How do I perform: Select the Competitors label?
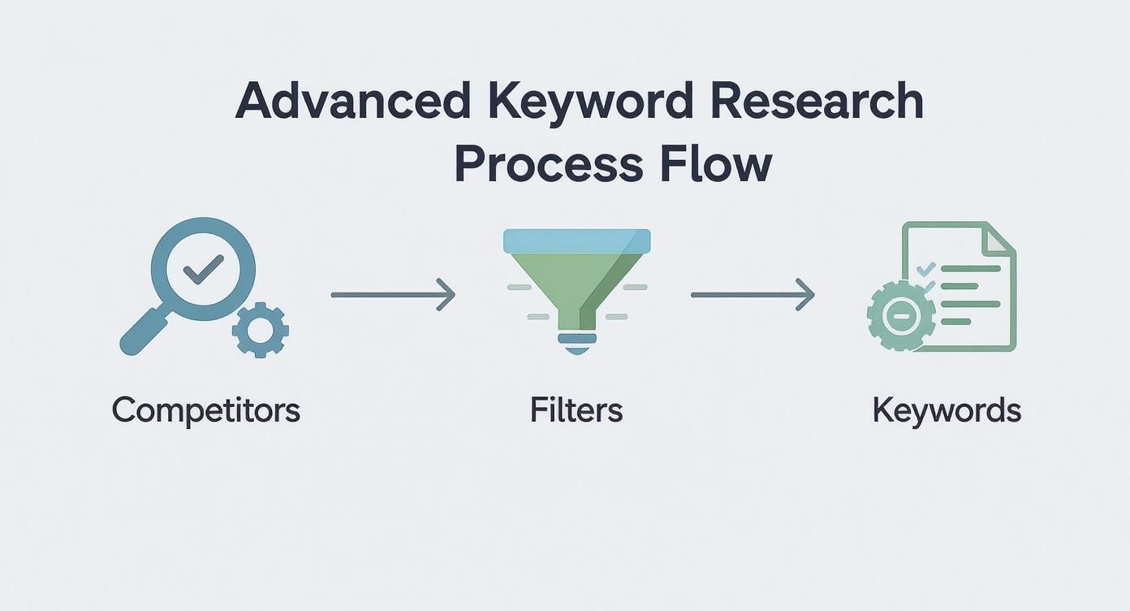click(x=205, y=410)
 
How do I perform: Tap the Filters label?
click(x=576, y=410)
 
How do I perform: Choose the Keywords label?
click(x=946, y=410)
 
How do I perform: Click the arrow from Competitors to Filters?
click(x=393, y=294)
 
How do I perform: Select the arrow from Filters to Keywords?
click(x=753, y=294)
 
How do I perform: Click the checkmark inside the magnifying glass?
click(x=204, y=268)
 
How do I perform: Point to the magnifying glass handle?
click(x=141, y=333)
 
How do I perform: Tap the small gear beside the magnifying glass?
click(x=260, y=329)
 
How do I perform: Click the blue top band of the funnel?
click(x=576, y=240)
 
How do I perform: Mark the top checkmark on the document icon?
click(x=925, y=267)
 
